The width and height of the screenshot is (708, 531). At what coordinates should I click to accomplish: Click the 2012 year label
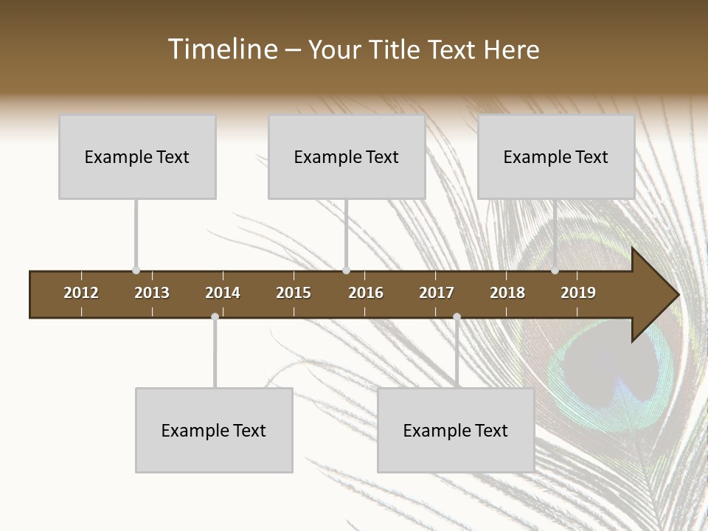tap(81, 293)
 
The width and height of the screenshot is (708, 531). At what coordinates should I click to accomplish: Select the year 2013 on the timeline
tap(152, 293)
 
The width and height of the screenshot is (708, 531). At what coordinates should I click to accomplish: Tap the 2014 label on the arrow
tap(223, 293)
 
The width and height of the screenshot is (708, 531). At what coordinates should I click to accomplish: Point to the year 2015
tap(294, 293)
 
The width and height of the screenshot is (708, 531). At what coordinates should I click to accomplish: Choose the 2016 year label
tap(366, 293)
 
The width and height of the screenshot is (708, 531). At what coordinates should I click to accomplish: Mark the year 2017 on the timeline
tap(437, 293)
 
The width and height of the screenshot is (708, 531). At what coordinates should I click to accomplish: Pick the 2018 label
tap(507, 293)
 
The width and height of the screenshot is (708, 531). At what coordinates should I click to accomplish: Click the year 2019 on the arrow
tap(578, 293)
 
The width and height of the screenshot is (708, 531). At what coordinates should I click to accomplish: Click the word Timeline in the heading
tap(221, 49)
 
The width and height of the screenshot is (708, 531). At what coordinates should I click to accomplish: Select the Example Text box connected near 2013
tap(137, 156)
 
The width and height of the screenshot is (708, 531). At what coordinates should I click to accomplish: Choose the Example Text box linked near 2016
tap(347, 156)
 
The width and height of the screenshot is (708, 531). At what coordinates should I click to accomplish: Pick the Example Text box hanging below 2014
tap(214, 430)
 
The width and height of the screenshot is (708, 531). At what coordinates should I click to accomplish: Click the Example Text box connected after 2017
tap(456, 430)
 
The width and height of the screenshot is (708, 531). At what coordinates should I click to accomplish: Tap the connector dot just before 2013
tap(136, 271)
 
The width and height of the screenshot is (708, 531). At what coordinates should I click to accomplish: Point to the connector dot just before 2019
tap(555, 271)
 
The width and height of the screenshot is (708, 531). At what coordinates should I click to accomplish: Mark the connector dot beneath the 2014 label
tap(215, 317)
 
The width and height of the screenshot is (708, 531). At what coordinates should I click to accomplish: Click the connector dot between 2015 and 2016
tap(346, 271)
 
